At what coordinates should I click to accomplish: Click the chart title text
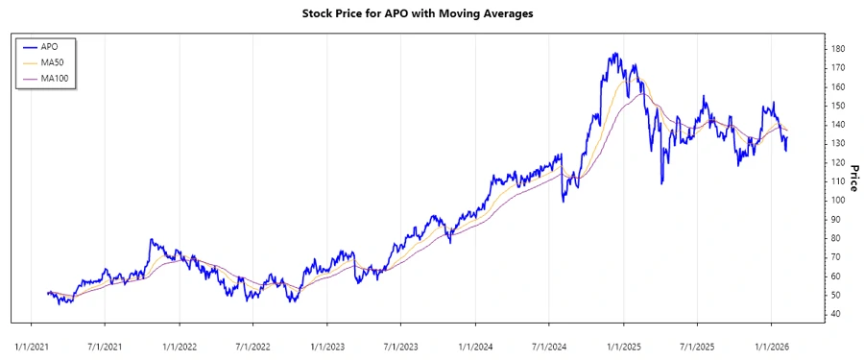point(431,13)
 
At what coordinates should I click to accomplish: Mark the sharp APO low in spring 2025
point(661,183)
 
